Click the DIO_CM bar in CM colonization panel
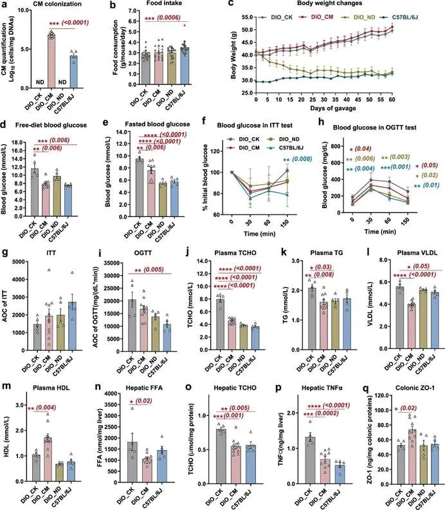[53, 59]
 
